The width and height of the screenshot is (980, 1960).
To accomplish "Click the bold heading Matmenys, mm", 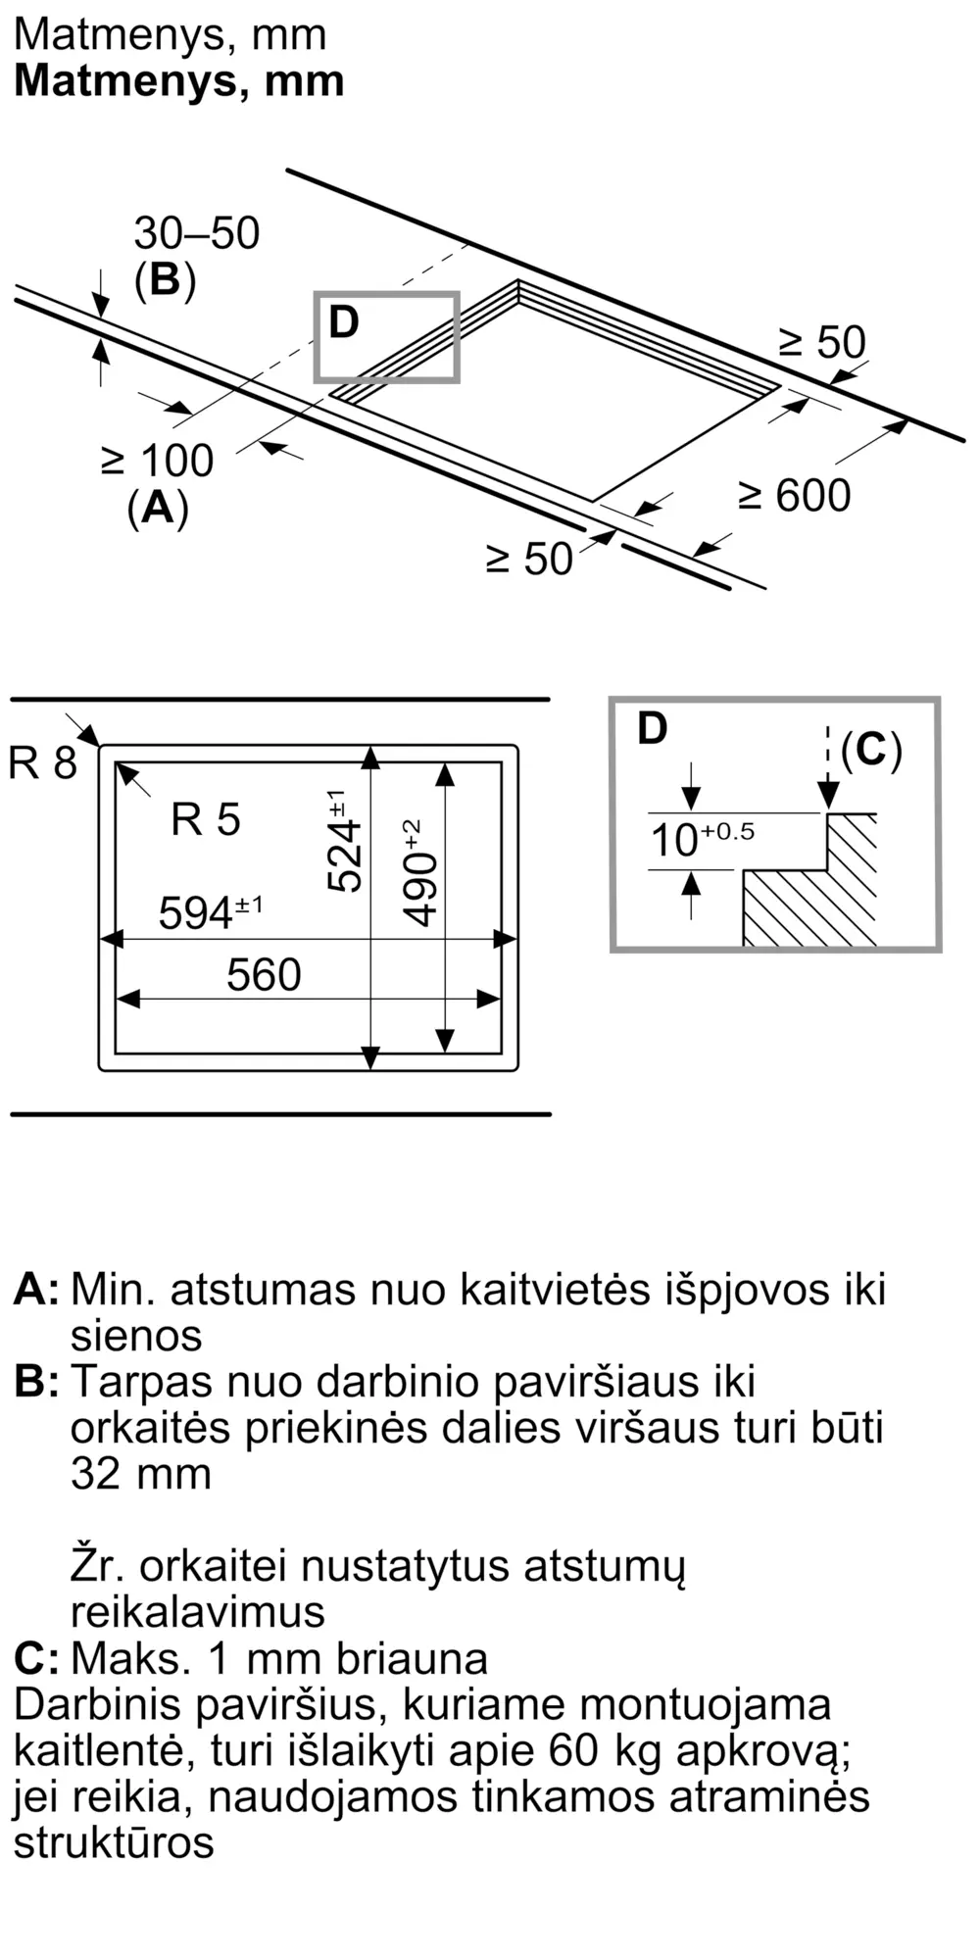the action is pos(179,81).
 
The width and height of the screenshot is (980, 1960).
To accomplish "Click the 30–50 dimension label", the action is pos(196,233).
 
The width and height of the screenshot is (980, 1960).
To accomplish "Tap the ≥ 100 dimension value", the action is pos(158,461).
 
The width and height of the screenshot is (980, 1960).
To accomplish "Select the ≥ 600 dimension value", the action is pos(795,496).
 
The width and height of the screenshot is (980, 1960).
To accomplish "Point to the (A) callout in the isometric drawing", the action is pos(158,509).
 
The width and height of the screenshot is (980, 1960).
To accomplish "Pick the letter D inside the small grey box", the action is pos(344,322).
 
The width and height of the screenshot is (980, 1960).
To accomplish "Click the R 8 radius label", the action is pos(42,762).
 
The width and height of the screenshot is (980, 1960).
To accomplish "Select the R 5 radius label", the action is pos(206,819).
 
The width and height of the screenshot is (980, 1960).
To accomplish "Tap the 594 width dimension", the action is pos(211,912).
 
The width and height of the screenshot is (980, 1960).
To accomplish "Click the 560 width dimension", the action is pos(264,975).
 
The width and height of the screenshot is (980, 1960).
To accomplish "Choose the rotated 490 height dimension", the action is pos(419,873).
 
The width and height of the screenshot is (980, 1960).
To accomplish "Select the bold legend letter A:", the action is pos(36,1289).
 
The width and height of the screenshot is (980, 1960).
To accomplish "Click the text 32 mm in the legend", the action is pos(141,1474).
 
